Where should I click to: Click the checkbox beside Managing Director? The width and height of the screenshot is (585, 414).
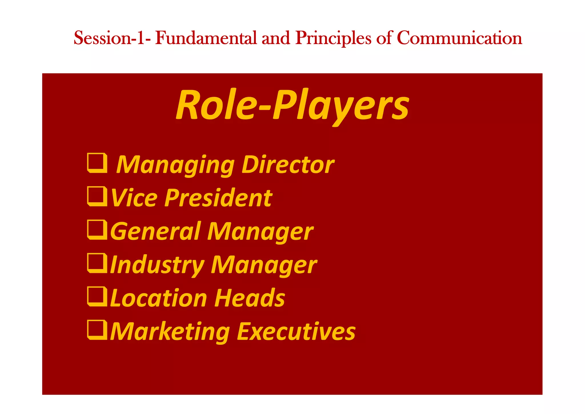click(x=97, y=163)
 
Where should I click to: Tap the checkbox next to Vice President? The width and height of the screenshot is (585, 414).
click(x=97, y=196)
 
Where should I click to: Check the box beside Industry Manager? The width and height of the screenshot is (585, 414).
click(x=97, y=263)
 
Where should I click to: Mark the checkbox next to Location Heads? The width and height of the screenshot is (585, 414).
click(x=97, y=296)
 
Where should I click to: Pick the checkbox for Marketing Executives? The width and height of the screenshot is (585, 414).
click(x=97, y=330)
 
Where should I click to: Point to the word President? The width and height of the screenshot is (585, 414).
click(x=218, y=198)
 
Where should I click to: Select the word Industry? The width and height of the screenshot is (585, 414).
click(x=157, y=265)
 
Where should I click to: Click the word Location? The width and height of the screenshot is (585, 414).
click(x=159, y=298)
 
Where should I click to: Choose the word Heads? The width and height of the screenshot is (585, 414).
click(x=250, y=298)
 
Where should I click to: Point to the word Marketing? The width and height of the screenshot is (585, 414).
click(x=170, y=332)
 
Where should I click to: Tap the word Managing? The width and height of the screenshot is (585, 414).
click(x=175, y=165)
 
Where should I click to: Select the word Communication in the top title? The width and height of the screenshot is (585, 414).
click(x=459, y=38)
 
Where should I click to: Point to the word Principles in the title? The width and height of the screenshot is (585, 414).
click(x=333, y=38)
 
